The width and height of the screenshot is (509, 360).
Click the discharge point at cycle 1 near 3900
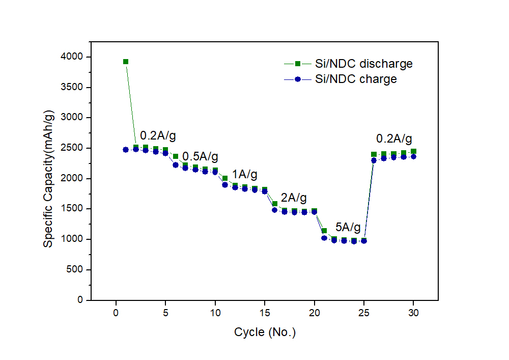[x=126, y=62]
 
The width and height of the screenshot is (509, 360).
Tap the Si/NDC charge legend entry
[x=348, y=79]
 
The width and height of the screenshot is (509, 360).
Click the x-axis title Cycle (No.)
[x=265, y=333]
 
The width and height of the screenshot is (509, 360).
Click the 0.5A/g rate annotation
[x=200, y=155]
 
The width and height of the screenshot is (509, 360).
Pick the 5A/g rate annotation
[x=348, y=227]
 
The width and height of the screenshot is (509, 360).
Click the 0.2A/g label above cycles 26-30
[x=394, y=139]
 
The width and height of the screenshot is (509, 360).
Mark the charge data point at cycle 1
[x=126, y=150]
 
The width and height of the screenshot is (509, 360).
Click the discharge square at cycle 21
[x=324, y=231]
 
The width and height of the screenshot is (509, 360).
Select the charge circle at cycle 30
[x=413, y=156]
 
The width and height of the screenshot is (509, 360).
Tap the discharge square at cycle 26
[x=374, y=154]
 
